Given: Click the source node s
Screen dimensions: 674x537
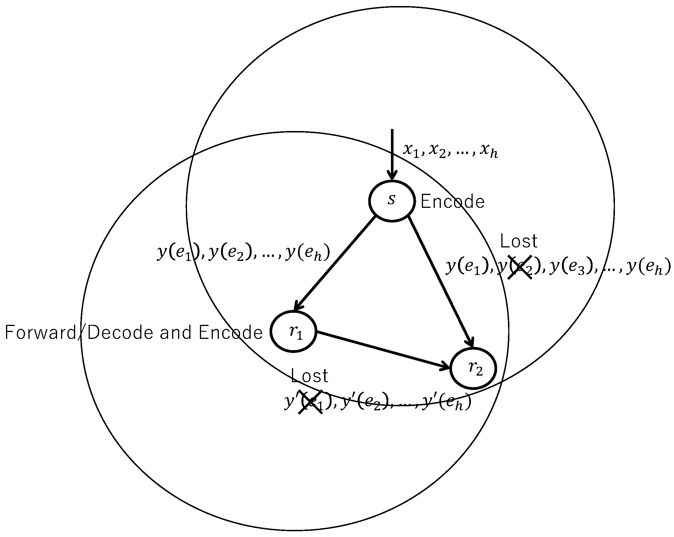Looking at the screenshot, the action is (392, 201).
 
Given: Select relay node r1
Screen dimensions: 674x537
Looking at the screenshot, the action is (293, 332).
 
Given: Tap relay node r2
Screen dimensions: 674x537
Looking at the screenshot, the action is (473, 368).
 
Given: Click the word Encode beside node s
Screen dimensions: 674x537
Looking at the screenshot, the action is (452, 202).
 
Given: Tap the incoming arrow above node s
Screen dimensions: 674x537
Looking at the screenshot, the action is (392, 153).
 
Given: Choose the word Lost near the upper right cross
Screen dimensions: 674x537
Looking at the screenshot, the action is (519, 242).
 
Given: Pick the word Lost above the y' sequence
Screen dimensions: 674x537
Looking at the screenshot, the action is (309, 376).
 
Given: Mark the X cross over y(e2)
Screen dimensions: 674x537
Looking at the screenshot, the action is (520, 267).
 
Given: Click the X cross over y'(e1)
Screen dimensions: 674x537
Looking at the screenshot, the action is (310, 402).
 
